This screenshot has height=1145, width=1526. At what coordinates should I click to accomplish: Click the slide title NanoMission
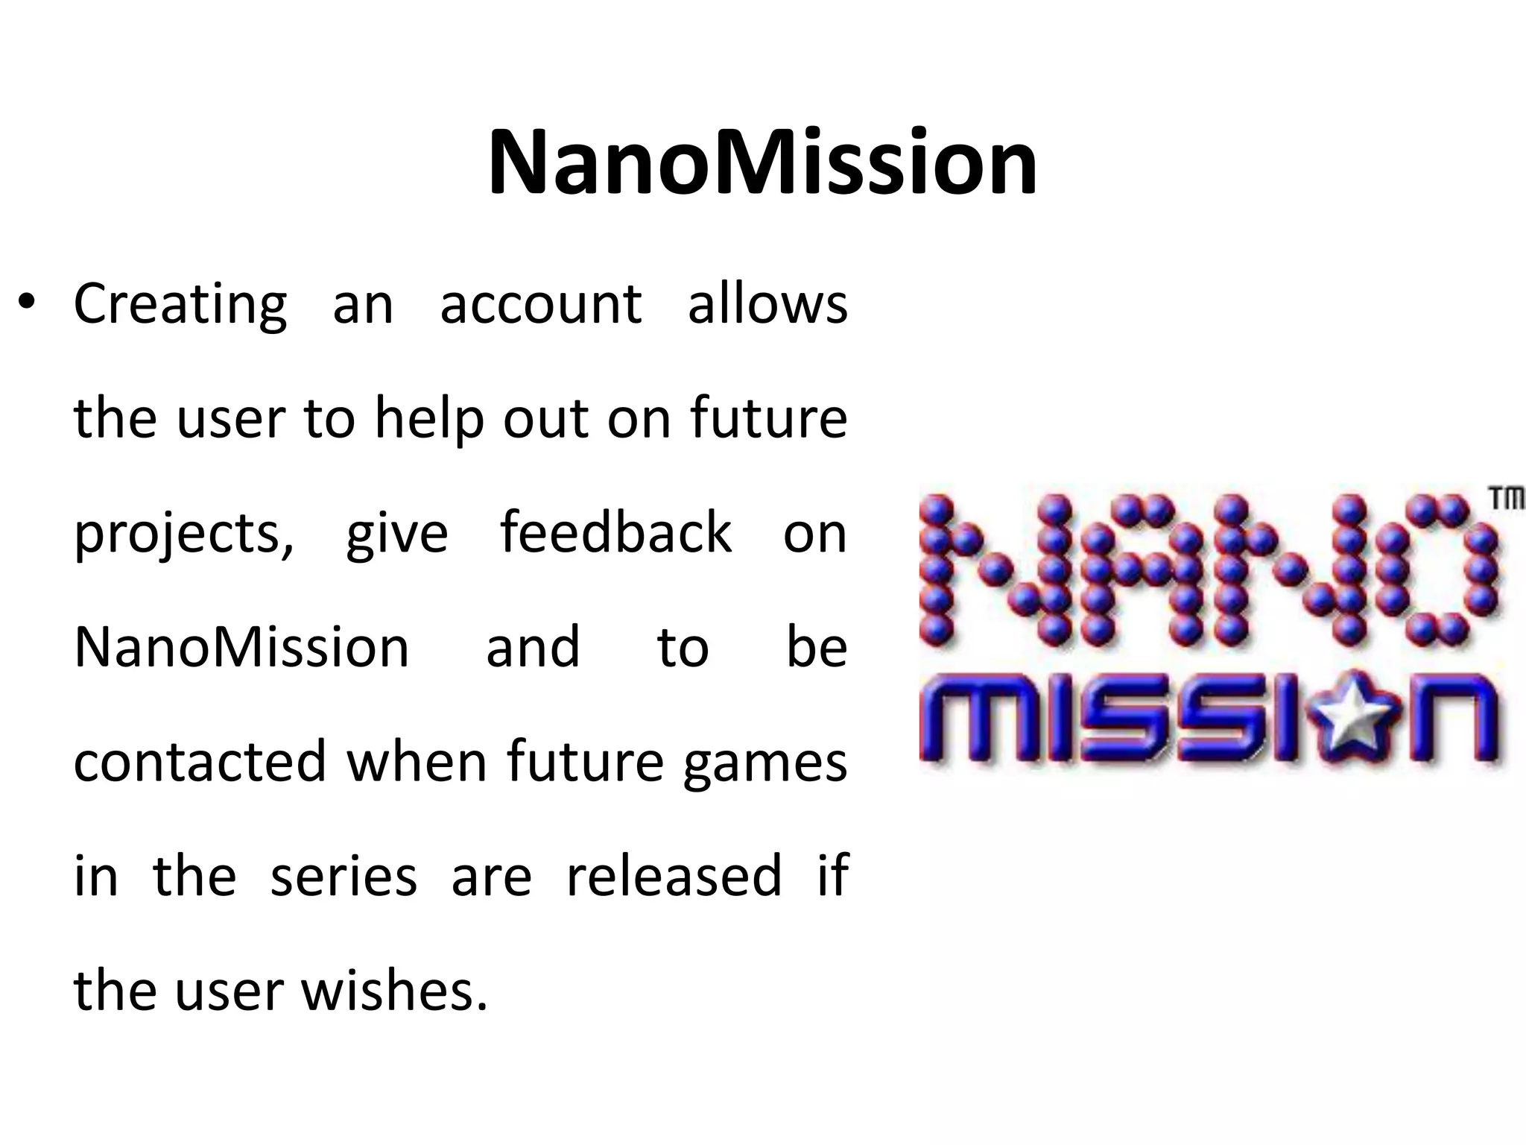pos(762,163)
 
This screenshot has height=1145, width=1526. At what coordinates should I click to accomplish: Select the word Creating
pos(180,306)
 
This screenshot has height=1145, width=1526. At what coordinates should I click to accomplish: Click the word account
pos(540,306)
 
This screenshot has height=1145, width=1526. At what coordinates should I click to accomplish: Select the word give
pos(396,534)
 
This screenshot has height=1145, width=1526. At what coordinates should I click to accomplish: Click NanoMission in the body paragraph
pos(241,647)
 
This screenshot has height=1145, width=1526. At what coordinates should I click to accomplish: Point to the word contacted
pos(200,762)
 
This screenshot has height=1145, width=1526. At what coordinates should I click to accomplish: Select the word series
pos(343,877)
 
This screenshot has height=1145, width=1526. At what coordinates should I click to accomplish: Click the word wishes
pos(394,991)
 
